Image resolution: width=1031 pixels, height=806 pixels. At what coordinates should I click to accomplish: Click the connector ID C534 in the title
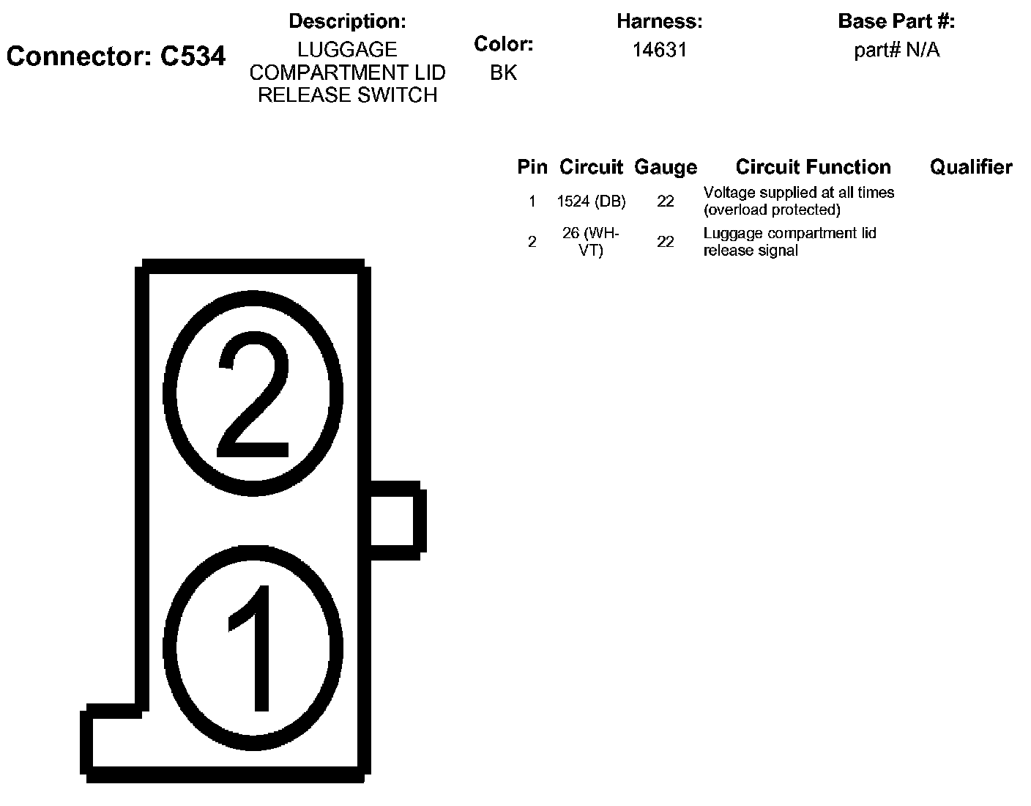pyautogui.click(x=193, y=56)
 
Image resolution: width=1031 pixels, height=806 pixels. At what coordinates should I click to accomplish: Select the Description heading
pyautogui.click(x=347, y=21)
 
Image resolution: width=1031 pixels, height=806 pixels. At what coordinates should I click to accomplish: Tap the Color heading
pyautogui.click(x=503, y=44)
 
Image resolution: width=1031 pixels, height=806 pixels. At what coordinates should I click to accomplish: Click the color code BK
pyautogui.click(x=503, y=73)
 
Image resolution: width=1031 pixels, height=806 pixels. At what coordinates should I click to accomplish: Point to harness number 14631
pyautogui.click(x=659, y=50)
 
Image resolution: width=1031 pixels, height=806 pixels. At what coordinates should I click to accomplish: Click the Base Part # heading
pyautogui.click(x=896, y=21)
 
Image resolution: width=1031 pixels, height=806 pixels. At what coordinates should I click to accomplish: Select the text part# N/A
pyautogui.click(x=896, y=50)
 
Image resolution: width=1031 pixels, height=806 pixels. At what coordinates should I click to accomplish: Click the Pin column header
pyautogui.click(x=532, y=167)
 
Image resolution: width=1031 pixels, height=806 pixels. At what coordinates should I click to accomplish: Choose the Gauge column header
pyautogui.click(x=665, y=167)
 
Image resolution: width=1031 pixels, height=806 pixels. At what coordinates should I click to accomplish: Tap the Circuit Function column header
pyautogui.click(x=813, y=167)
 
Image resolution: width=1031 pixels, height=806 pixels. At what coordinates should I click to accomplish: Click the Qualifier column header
pyautogui.click(x=971, y=167)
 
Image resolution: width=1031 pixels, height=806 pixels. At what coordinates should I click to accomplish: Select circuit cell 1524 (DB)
pyautogui.click(x=591, y=201)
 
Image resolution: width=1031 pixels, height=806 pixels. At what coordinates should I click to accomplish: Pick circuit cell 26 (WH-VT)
pyautogui.click(x=591, y=242)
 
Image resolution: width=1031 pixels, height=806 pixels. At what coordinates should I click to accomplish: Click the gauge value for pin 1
pyautogui.click(x=665, y=201)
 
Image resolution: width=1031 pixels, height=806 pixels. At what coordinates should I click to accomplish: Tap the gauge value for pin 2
pyautogui.click(x=665, y=242)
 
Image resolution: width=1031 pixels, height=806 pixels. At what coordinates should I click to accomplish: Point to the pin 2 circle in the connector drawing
pyautogui.click(x=253, y=396)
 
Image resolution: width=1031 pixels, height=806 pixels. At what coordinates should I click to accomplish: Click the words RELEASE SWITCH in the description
pyautogui.click(x=347, y=95)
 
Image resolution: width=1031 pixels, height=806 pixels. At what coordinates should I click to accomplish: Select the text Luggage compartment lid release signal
pyautogui.click(x=789, y=242)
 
